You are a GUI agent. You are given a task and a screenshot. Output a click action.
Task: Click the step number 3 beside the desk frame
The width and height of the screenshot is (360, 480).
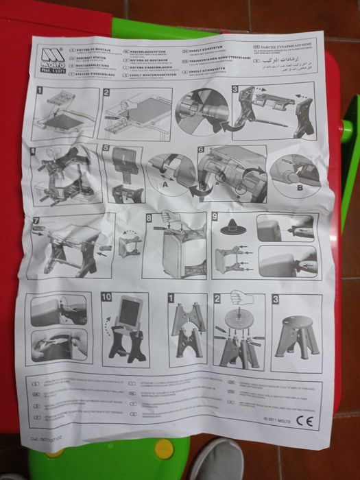[236, 89]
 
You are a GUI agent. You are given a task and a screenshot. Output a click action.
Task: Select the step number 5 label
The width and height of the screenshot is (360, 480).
[105, 148]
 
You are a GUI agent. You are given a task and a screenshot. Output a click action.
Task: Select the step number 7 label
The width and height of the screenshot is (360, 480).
[36, 221]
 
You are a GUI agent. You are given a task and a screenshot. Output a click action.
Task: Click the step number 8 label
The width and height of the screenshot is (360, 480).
[149, 219]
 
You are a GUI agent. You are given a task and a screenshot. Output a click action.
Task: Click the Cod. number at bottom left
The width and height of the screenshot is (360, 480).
[48, 434]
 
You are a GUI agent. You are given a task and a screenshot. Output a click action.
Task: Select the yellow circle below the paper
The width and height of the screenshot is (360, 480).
[164, 448]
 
